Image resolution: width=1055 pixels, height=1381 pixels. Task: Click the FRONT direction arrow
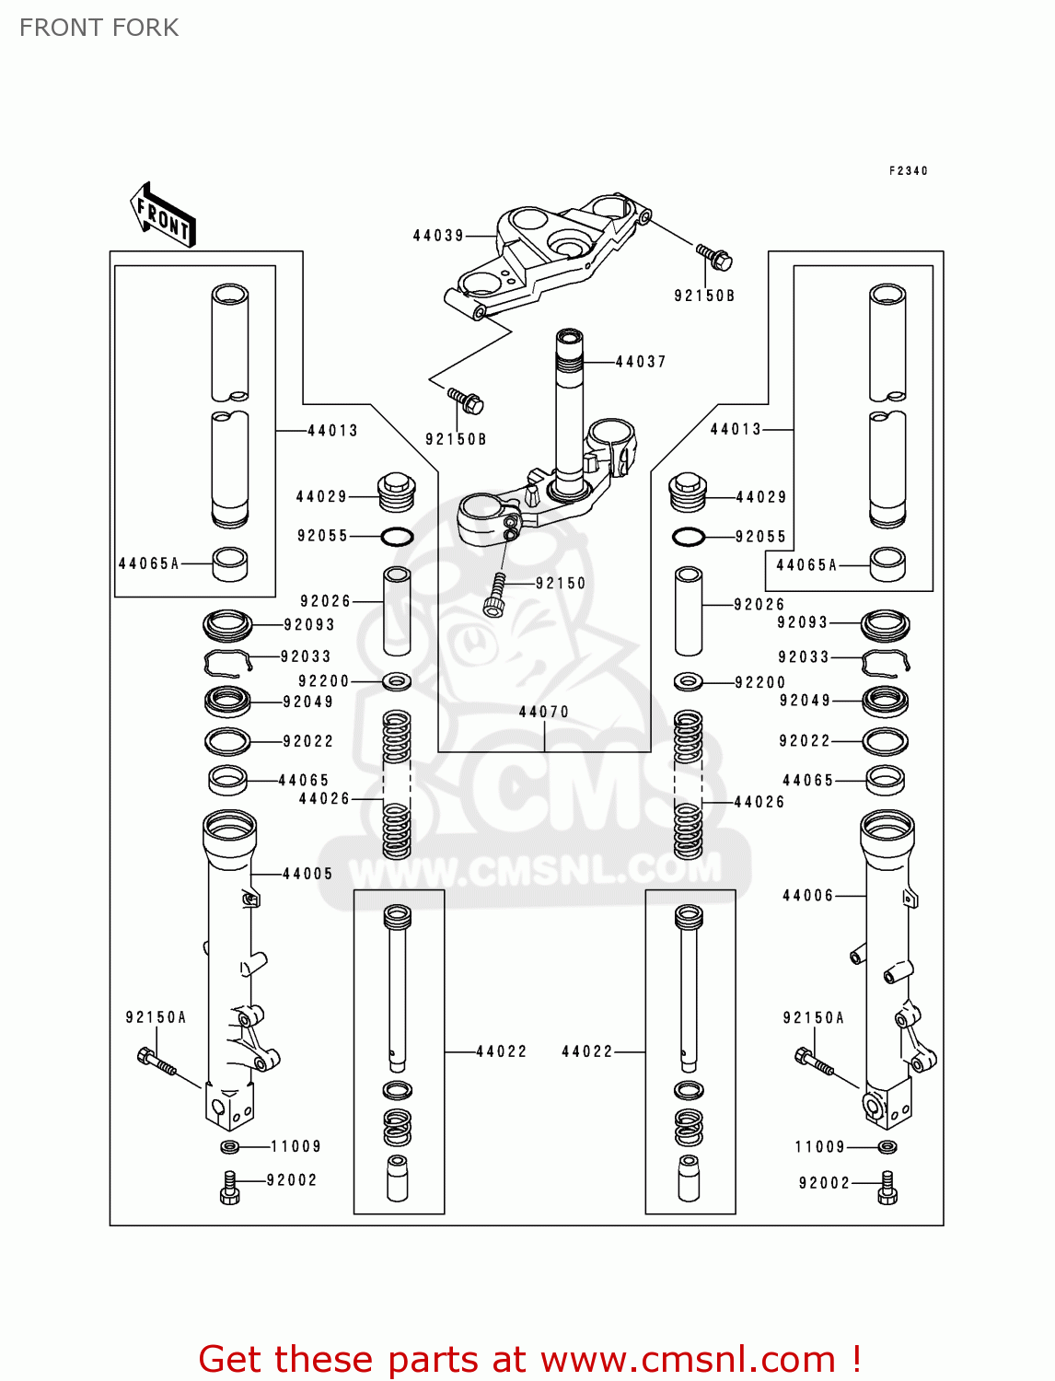(x=162, y=215)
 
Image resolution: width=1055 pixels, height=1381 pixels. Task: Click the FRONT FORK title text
(x=99, y=28)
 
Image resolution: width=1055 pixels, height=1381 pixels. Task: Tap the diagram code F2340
(x=908, y=170)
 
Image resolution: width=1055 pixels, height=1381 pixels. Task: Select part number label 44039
(x=438, y=236)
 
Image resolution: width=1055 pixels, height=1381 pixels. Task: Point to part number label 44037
(x=640, y=362)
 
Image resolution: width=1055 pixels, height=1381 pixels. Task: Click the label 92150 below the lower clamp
(x=560, y=583)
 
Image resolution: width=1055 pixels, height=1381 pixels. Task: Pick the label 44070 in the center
(x=543, y=712)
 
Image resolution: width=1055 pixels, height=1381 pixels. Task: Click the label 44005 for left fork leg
(x=307, y=874)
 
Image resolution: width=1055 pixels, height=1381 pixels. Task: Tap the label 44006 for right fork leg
(x=807, y=895)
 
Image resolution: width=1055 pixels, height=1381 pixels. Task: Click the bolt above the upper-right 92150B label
(x=714, y=257)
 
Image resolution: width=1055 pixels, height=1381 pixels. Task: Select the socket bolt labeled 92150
(x=495, y=595)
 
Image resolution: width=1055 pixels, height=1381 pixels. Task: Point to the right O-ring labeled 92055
(x=689, y=537)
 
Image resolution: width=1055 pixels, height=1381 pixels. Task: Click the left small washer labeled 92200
(x=397, y=680)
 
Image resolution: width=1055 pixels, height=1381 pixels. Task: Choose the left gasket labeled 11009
(x=229, y=1147)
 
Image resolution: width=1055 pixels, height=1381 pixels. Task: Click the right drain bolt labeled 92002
(x=887, y=1188)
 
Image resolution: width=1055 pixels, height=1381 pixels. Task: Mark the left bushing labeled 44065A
(x=229, y=563)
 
